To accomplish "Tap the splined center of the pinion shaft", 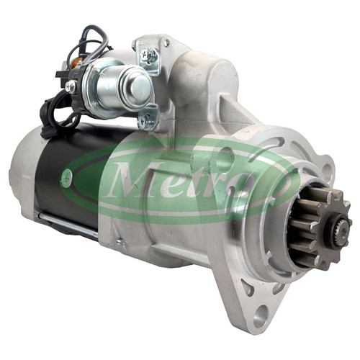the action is point(343,231).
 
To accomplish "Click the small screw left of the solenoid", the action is point(71,86).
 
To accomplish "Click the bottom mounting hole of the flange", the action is point(261,315).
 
